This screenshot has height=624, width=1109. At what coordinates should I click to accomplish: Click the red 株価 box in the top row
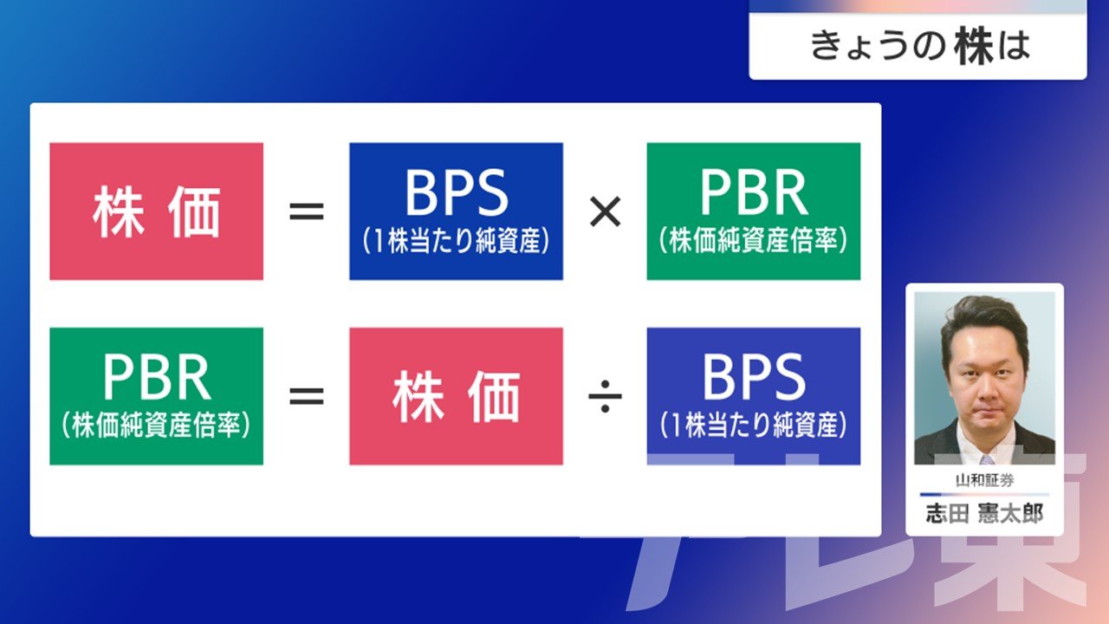[x=157, y=211]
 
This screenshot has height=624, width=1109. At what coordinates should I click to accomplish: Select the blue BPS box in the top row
[x=456, y=211]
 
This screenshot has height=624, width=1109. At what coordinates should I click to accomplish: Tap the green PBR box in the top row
[x=754, y=211]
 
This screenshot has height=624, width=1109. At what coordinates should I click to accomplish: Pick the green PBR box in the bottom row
[x=157, y=396]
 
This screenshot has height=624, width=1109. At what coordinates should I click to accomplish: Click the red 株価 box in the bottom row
[x=456, y=396]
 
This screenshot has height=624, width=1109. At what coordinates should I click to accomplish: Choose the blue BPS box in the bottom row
[x=754, y=396]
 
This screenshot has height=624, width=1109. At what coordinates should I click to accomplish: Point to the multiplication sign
[x=605, y=212]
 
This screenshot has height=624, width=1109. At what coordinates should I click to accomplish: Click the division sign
[x=605, y=396]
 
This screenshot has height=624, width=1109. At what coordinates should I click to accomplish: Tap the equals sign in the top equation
[x=307, y=212]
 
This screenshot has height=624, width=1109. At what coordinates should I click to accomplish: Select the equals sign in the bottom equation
[x=307, y=396]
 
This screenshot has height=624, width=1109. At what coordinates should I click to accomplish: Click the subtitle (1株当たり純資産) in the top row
[x=456, y=241]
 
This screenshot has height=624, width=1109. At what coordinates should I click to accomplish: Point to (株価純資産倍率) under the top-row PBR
[x=754, y=241]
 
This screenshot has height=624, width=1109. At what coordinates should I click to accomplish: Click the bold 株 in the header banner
[x=975, y=47]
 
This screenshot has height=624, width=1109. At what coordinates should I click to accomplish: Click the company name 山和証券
[x=985, y=480]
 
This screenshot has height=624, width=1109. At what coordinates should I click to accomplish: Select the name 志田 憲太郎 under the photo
[x=985, y=514]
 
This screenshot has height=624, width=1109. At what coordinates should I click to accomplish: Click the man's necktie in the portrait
[x=987, y=459]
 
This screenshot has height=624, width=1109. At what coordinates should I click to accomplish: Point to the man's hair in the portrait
[x=985, y=317]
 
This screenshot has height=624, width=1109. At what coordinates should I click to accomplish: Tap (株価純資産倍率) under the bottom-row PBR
[x=157, y=426]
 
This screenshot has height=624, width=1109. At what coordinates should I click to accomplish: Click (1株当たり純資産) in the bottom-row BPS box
[x=754, y=426]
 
